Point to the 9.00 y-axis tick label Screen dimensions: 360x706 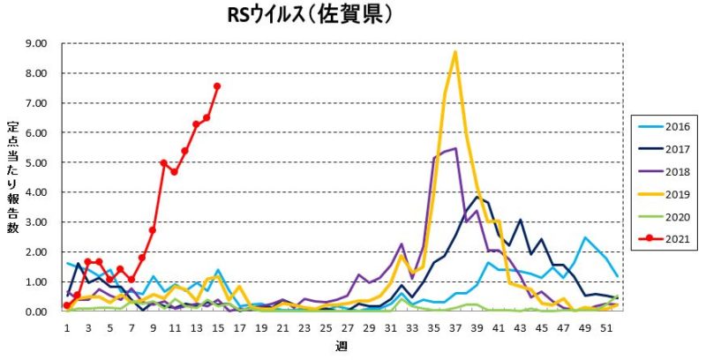point(37,43)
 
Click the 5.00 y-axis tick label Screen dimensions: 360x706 point(37,162)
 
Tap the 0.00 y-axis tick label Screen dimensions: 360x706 point(37,311)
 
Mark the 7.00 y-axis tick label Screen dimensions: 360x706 point(37,103)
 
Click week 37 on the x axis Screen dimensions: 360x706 point(455,326)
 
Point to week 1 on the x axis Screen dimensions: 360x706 point(67,326)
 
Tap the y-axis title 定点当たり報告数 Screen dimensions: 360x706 point(13,176)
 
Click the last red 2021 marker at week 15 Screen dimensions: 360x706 point(217,86)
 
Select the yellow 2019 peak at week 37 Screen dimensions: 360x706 point(455,52)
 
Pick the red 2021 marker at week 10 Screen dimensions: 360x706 point(163,162)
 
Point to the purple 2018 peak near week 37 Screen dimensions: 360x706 point(455,148)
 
